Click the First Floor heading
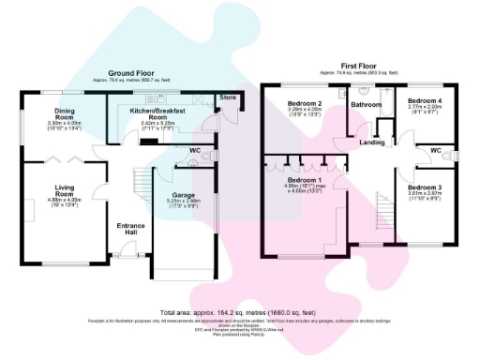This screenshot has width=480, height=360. pyautogui.click(x=357, y=65)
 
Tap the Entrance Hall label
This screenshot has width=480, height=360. pyautogui.click(x=130, y=231)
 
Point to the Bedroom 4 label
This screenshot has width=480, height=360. pyautogui.click(x=424, y=100)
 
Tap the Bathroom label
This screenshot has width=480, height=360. pyautogui.click(x=365, y=104)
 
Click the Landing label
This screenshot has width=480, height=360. pyautogui.click(x=371, y=142)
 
